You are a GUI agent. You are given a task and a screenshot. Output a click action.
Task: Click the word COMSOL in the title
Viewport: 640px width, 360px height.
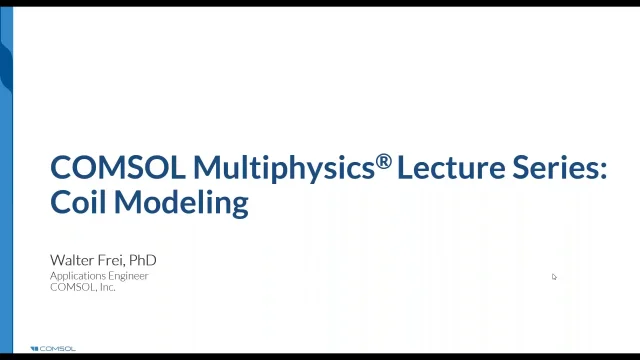(x=118, y=167)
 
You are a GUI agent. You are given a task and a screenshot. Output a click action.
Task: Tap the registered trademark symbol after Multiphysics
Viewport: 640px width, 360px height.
(x=384, y=161)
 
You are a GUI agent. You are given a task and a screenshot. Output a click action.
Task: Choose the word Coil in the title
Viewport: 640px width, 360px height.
(x=79, y=201)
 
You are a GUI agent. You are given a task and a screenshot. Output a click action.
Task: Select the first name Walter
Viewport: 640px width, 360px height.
(x=72, y=260)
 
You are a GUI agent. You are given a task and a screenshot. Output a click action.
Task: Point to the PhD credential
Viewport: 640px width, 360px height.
(x=143, y=260)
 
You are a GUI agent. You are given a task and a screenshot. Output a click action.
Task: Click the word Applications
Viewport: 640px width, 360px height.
(x=80, y=276)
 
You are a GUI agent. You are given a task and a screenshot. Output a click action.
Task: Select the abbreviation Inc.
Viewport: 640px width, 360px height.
(x=107, y=287)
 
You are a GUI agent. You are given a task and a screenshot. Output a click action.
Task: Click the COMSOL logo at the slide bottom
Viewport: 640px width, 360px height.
(x=53, y=349)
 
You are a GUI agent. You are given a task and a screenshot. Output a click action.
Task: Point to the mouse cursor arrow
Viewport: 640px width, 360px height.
(x=554, y=277)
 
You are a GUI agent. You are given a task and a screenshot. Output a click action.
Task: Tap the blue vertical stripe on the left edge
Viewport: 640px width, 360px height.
(x=6, y=180)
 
